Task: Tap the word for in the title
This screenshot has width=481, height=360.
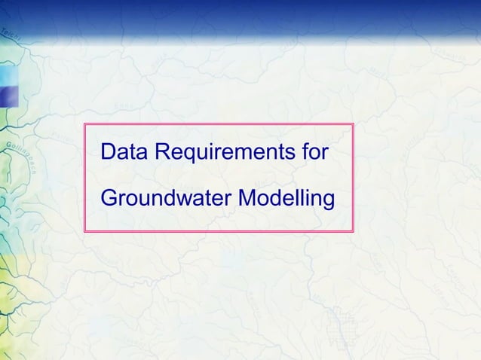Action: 314,152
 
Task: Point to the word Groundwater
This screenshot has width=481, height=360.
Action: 165,200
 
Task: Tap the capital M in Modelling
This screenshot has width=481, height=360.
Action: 247,200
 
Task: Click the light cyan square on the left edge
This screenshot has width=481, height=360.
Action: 7,75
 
